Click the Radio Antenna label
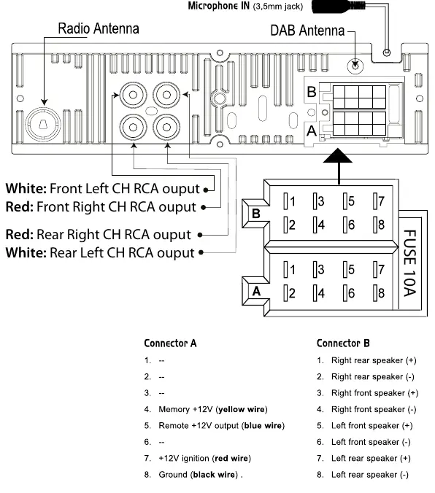click(x=99, y=28)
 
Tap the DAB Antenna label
click(x=307, y=31)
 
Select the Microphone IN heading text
click(x=219, y=6)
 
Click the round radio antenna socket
click(x=43, y=124)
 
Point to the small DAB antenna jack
click(x=355, y=66)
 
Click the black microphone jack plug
click(x=339, y=7)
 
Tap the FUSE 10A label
click(x=410, y=263)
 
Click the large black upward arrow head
click(x=337, y=155)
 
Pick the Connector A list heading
click(x=170, y=343)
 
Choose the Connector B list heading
click(x=343, y=343)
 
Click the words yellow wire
click(x=242, y=409)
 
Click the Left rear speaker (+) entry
click(x=371, y=459)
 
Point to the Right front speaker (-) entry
click(x=374, y=409)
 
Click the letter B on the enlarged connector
click(x=256, y=214)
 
